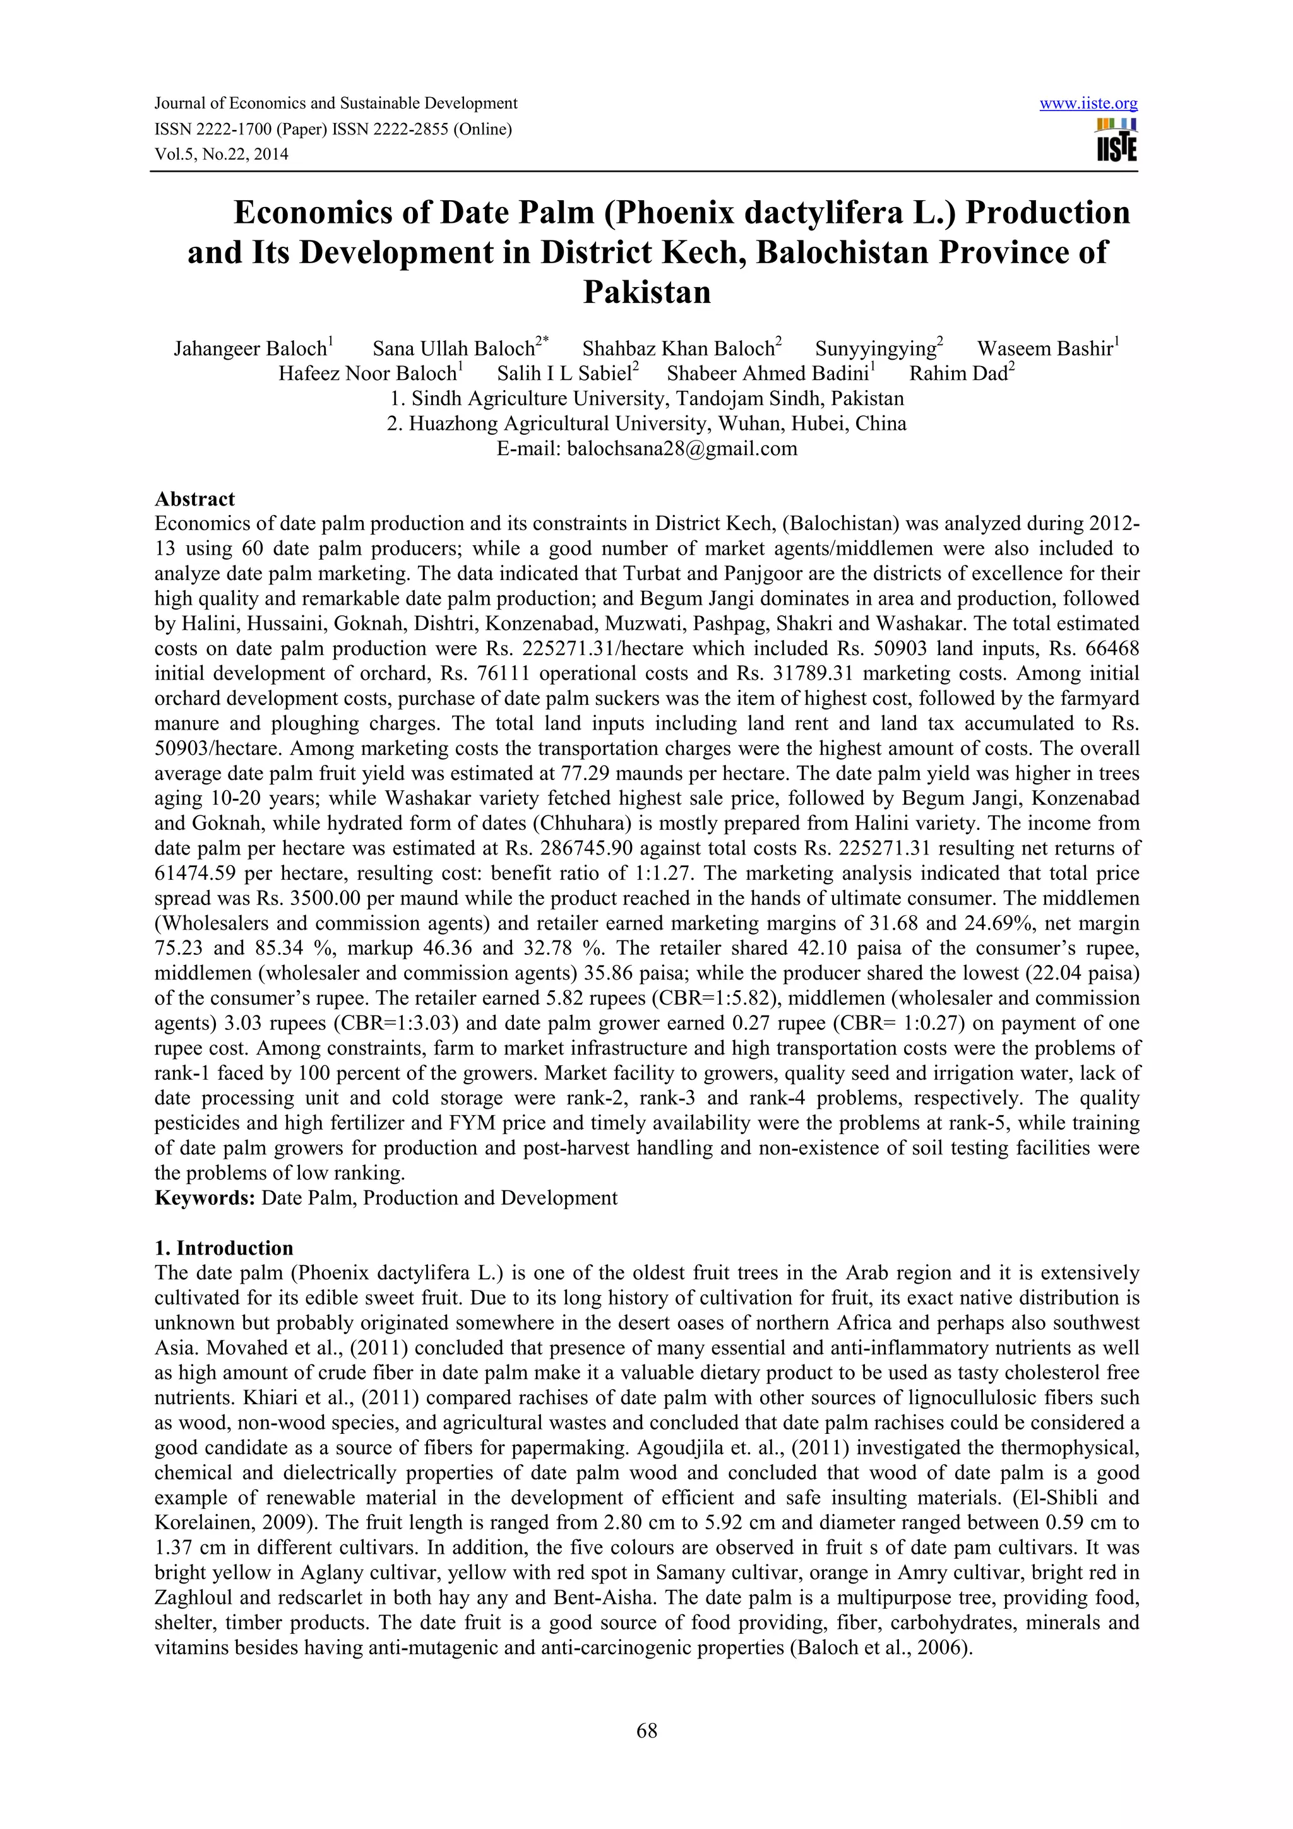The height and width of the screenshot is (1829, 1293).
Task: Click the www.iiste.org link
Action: click(x=1088, y=104)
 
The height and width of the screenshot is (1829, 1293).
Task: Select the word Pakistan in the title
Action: click(x=646, y=292)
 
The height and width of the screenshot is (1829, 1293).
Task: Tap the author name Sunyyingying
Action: click(x=875, y=349)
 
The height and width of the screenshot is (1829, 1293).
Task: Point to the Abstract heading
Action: click(x=194, y=499)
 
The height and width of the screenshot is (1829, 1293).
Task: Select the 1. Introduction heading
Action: click(x=224, y=1248)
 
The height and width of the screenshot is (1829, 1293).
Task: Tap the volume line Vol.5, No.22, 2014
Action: click(x=221, y=154)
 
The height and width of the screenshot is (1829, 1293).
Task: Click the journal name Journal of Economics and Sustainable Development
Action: click(x=335, y=104)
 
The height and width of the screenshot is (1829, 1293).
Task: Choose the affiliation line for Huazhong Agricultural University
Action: click(x=646, y=423)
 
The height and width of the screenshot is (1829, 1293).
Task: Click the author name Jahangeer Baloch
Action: click(x=250, y=349)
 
